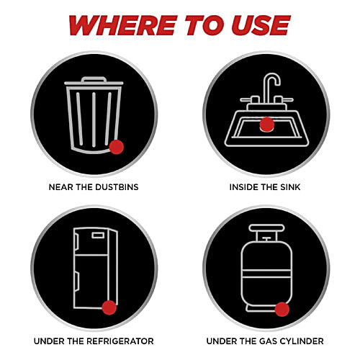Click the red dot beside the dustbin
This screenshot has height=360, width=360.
pos(117,147)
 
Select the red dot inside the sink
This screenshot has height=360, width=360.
pos(267,125)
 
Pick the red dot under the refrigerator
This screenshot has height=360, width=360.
pos(109,307)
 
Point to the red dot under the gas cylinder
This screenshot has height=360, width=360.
pos(282,310)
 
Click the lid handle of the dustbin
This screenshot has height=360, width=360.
pos(94,79)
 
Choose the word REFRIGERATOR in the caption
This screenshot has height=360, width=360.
pos(120,341)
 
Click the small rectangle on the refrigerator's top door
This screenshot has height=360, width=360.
pos(98,235)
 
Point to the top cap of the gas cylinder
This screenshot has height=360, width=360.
pos(266,228)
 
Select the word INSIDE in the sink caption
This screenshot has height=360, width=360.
pos(240,187)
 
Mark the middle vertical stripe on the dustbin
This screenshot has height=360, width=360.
pos(94,120)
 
